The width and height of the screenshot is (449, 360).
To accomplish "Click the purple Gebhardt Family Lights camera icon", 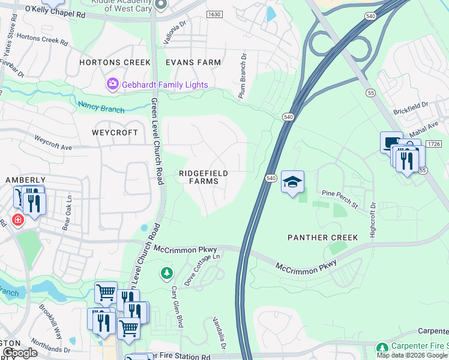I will coord(112,85).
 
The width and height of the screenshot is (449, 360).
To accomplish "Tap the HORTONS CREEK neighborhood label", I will coord(109,62).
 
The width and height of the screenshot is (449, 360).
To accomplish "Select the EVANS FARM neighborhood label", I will coord(193,62).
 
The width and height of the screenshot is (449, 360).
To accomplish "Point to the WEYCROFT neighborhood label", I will coord(115,132).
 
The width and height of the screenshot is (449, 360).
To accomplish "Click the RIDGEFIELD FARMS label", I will coord(203,177).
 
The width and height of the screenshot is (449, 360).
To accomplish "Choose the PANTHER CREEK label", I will coord(323,238).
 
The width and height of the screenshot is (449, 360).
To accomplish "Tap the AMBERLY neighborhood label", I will coord(26,179).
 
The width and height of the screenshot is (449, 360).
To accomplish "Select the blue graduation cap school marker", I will coord(292,182).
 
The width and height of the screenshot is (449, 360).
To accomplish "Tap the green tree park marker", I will coord(166,274).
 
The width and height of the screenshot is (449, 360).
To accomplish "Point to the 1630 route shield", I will coord(213,14).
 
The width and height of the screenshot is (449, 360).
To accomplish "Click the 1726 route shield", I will coord(435,145).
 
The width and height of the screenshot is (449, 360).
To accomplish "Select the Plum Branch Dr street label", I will coord(243,77).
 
